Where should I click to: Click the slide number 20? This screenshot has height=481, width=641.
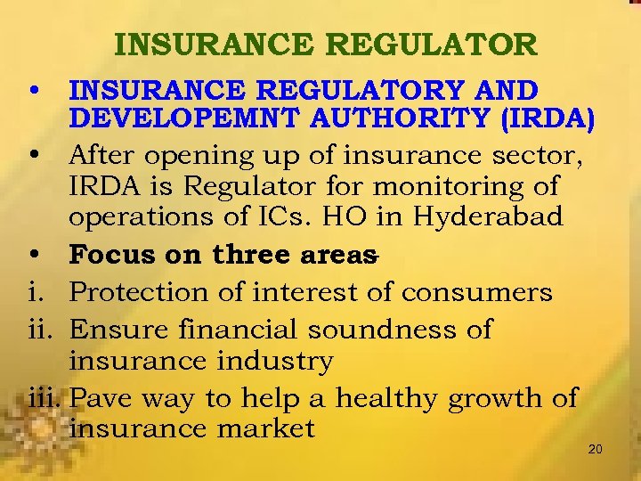[596, 449]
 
